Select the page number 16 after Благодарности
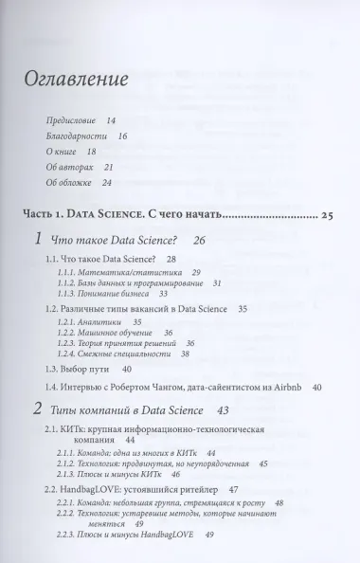(x=122, y=138)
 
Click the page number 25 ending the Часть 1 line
(x=327, y=217)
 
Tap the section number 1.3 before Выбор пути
(x=55, y=368)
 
